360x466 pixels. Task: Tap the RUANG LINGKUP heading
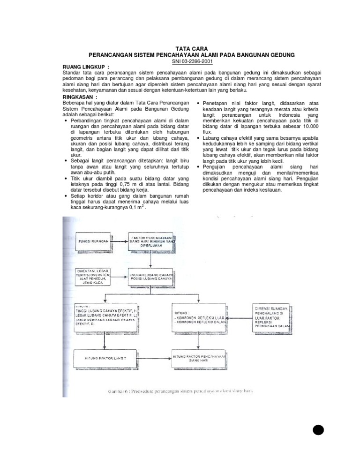tap(86, 68)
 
